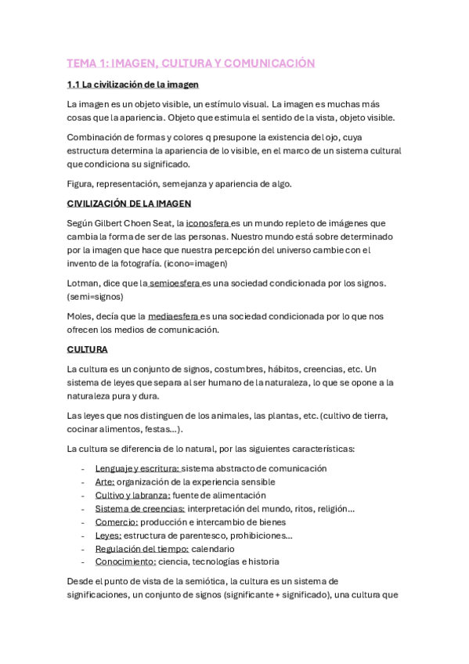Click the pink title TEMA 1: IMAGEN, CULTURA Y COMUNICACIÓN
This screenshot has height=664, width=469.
click(190, 63)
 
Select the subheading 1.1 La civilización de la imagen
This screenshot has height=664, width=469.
click(132, 84)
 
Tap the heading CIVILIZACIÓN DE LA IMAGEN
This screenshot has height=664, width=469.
click(128, 204)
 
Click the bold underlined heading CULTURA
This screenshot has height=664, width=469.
click(87, 349)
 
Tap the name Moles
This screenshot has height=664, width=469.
click(81, 316)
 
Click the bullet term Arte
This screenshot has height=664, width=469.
click(105, 482)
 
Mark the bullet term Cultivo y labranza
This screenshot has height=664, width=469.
click(132, 495)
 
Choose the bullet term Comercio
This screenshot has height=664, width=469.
click(117, 521)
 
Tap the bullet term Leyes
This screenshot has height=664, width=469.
click(108, 535)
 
